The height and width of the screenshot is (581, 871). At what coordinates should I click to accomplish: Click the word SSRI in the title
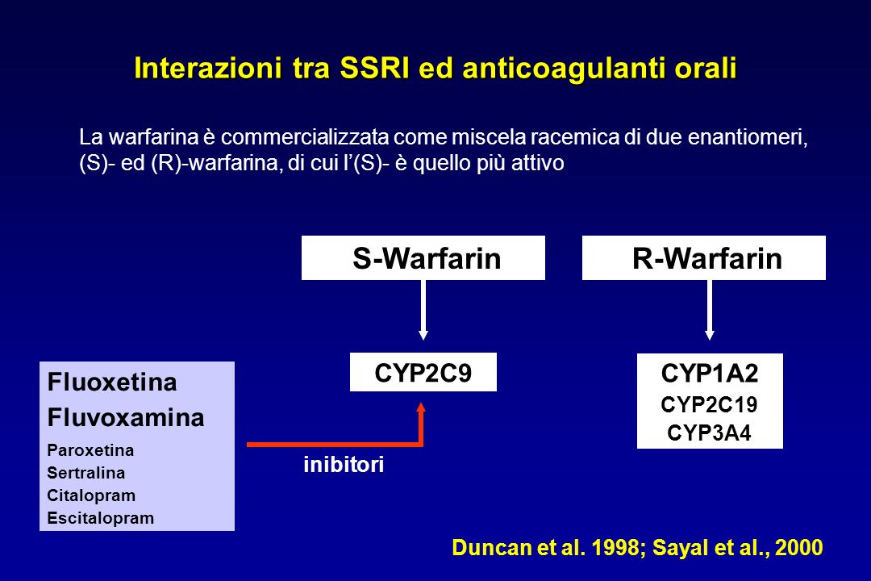pos(374,68)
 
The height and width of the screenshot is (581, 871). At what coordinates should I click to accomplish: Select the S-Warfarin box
pos(423,257)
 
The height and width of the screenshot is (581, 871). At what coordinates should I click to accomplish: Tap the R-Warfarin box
pos(704,257)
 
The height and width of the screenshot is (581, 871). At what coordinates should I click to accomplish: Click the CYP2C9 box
pos(423,372)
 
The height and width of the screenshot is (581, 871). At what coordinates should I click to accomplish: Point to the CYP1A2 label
pos(710,373)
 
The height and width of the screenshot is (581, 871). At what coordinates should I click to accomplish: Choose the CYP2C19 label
pos(710,404)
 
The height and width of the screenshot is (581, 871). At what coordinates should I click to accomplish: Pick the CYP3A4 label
pos(710,433)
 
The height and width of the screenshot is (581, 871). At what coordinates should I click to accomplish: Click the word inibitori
pos(344,464)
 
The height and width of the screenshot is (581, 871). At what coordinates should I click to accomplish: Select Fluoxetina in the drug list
pos(112,382)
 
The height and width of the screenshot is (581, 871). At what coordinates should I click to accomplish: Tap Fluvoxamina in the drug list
pos(126,417)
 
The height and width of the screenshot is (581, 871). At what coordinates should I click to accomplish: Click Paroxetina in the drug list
pos(90,449)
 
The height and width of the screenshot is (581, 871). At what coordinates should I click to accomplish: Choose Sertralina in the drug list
pos(86,473)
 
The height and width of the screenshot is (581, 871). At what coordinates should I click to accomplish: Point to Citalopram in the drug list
pos(91,495)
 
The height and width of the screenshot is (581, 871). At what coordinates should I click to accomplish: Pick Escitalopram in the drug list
pos(101,517)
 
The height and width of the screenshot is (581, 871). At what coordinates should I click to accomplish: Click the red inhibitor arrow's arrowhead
pos(421,408)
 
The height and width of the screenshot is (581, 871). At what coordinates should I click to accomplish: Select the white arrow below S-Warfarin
pos(423,310)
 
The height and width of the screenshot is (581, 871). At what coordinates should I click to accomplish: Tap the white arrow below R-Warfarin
pos(710,310)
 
